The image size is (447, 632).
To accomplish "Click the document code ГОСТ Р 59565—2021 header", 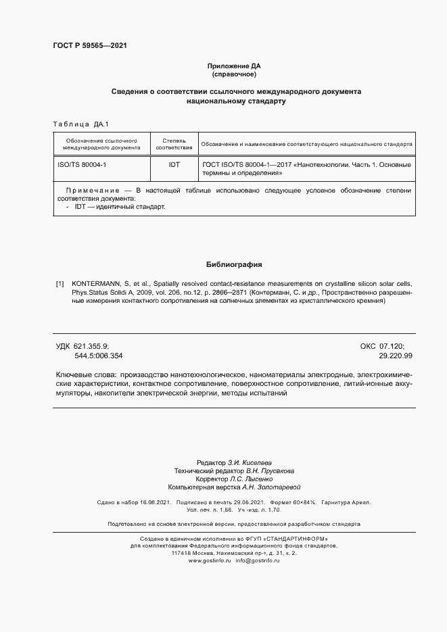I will (89, 46).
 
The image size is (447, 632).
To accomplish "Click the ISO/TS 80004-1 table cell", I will (82, 164).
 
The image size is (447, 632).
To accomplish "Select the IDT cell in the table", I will (174, 164).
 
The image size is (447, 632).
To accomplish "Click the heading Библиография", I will (234, 264).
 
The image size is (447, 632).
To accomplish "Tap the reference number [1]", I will (60, 284).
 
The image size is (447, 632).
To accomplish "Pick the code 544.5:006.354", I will (99, 355).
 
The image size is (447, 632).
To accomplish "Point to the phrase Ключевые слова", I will (84, 374).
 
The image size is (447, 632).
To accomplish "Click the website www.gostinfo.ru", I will (210, 561).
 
